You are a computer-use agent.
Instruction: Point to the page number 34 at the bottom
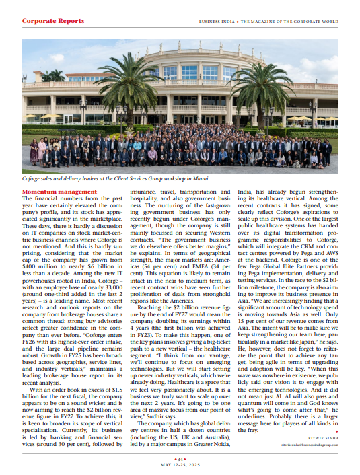pyautogui.click(x=180, y=458)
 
